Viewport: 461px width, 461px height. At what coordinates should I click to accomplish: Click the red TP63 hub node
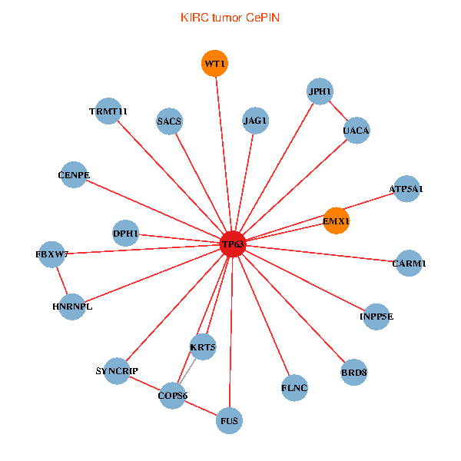point(233,244)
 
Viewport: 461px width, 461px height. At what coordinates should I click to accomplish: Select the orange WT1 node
point(214,64)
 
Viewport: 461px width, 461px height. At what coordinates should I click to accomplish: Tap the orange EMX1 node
point(336,221)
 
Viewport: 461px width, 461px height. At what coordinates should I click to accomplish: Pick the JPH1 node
point(320,91)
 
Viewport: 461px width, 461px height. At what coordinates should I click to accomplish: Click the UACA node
point(357,131)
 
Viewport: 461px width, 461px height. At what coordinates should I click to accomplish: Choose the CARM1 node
point(409,264)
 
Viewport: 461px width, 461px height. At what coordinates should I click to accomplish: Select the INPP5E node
point(376,317)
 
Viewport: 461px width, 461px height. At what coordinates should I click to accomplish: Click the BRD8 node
point(353,373)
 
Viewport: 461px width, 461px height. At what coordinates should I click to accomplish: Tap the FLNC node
point(294,388)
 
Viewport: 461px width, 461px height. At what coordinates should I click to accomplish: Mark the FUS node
point(229,420)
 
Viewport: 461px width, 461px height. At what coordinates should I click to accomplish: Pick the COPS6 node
point(173,396)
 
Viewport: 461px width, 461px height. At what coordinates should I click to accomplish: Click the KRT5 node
point(203,347)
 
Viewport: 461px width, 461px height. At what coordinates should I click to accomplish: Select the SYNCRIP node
point(117,371)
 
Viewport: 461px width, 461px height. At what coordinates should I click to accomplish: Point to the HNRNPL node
point(71,307)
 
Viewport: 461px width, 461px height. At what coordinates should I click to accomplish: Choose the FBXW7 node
point(52,254)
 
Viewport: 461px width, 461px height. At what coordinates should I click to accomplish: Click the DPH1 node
point(126,233)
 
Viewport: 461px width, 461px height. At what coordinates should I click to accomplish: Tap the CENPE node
point(74,175)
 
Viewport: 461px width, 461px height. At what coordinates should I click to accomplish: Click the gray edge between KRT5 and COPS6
point(189,370)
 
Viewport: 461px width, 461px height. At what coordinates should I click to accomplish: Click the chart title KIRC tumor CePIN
point(230,17)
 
